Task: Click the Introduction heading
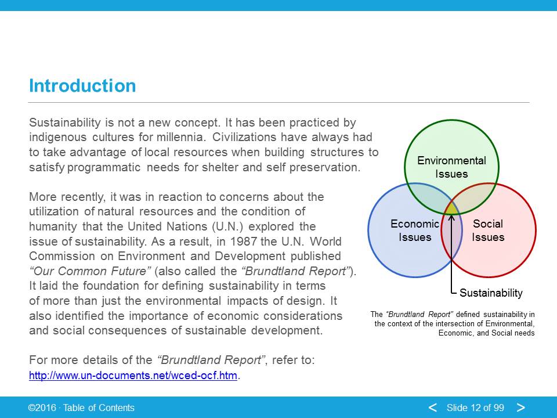pyautogui.click(x=82, y=86)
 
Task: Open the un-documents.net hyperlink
pyautogui.click(x=133, y=376)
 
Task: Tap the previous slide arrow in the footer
pyautogui.click(x=432, y=408)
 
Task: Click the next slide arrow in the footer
pyautogui.click(x=521, y=408)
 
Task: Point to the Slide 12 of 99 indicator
pyautogui.click(x=475, y=408)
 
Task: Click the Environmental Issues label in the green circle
pyautogui.click(x=451, y=167)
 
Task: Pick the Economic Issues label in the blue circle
pyautogui.click(x=414, y=230)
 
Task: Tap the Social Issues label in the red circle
pyautogui.click(x=488, y=230)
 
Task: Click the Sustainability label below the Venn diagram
pyautogui.click(x=491, y=293)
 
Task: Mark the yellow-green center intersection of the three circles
pyautogui.click(x=451, y=208)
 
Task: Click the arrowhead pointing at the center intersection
pyautogui.click(x=451, y=217)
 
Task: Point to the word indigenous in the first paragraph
pyautogui.click(x=58, y=138)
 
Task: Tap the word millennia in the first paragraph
pyautogui.click(x=179, y=137)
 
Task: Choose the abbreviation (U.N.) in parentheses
pyautogui.click(x=227, y=226)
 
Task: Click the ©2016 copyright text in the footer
pyautogui.click(x=42, y=408)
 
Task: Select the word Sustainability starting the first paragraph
pyautogui.click(x=65, y=122)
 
